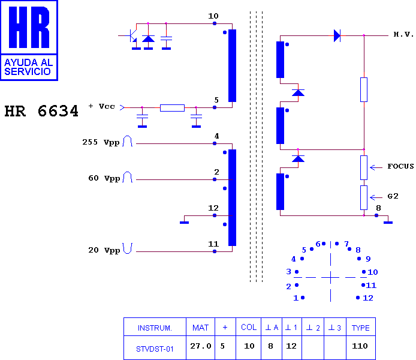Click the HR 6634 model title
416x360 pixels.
pos(41,111)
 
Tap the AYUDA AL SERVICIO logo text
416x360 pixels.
pos(28,67)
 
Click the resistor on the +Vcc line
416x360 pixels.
pos(172,108)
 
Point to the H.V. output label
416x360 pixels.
pos(403,34)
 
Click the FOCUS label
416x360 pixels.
pos(400,166)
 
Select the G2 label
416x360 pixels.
pos(393,196)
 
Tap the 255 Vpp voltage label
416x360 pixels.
pos(101,142)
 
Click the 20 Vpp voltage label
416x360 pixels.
pos(104,250)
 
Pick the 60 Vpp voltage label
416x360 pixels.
pos(104,178)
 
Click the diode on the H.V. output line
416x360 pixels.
pos(337,35)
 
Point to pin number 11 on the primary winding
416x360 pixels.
pos(213,244)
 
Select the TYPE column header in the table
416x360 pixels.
pos(360,328)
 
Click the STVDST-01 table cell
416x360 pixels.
pos(155,349)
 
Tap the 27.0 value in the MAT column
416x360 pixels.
pos(201,346)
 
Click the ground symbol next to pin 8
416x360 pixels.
pos(388,221)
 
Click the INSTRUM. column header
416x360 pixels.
pos(155,328)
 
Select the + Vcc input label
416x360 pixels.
pos(102,106)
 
